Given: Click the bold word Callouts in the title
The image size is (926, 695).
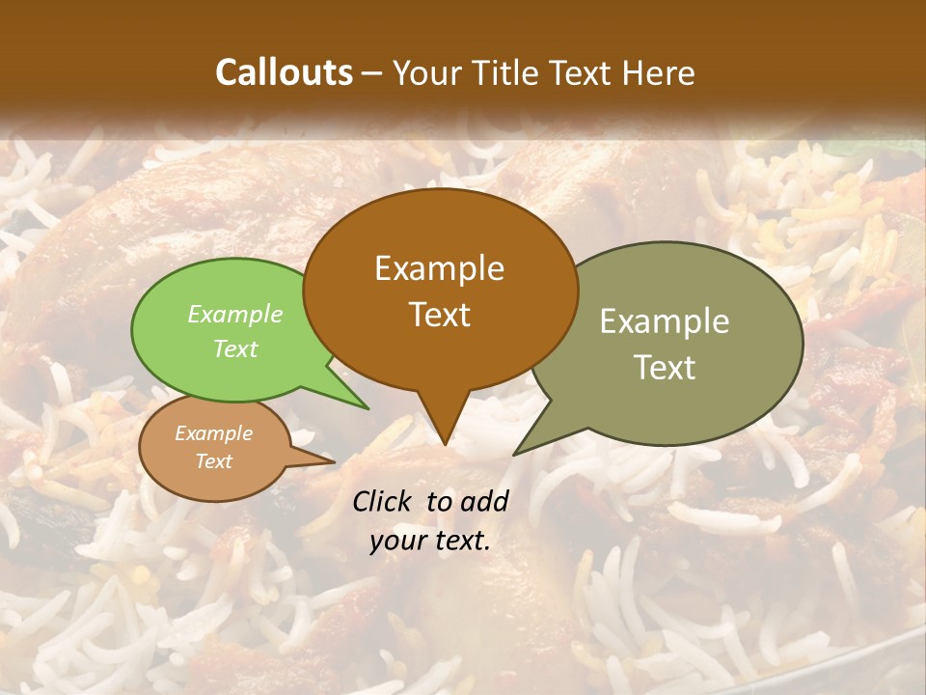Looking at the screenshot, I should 284,72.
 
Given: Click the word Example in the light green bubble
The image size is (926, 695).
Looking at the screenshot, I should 234,314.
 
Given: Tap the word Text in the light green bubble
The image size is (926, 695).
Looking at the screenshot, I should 234,348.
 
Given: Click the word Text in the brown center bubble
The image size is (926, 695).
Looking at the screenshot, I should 439,314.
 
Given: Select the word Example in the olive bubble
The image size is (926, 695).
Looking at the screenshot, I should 664,321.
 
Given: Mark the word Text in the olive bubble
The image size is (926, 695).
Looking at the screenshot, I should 664,367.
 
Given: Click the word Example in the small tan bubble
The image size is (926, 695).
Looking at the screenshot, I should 213,433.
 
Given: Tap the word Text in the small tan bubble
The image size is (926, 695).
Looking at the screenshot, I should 213,461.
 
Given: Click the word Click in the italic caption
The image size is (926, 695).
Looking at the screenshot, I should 385,501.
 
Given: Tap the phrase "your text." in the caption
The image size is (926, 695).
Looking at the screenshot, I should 429,541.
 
